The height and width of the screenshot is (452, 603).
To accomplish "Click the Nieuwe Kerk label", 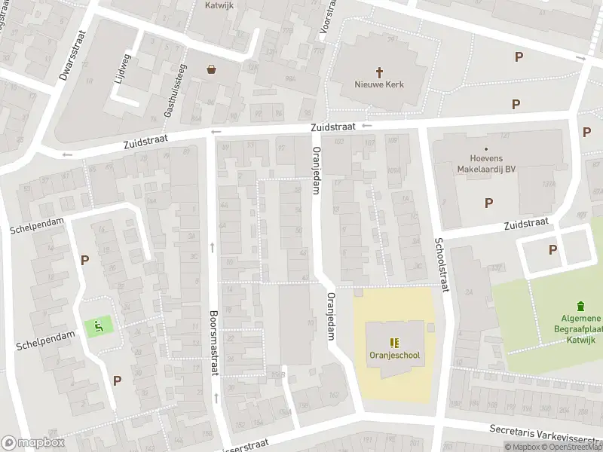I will coord(379,84).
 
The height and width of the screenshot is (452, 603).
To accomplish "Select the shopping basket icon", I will coord(212,69).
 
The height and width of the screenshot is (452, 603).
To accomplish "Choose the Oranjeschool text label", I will coord(394,356).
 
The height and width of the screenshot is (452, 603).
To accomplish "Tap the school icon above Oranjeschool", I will coord(394,341).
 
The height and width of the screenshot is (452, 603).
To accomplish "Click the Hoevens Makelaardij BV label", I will coord(486,164).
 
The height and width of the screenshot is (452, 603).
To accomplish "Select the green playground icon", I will coord(98,325).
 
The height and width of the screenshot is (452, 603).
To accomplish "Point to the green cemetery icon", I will coord(580,306).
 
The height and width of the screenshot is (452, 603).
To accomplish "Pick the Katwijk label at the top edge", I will coord(219,5).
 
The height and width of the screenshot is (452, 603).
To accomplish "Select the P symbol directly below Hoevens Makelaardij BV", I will coord(488,202).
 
